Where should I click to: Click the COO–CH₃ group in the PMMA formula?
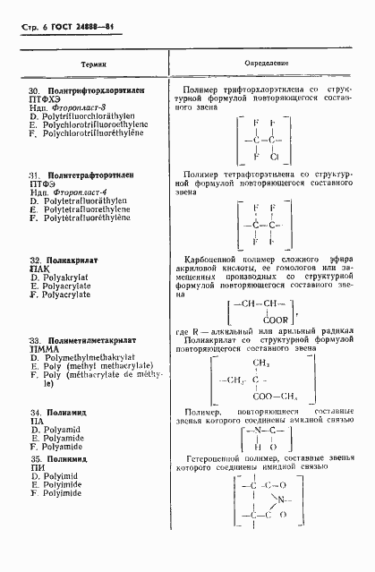tap(275, 398)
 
